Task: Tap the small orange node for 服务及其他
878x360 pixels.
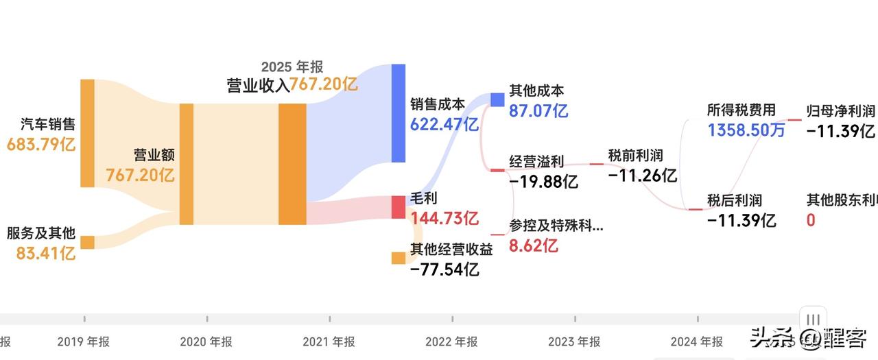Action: pyautogui.click(x=87, y=242)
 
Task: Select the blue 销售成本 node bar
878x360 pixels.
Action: pyautogui.click(x=399, y=113)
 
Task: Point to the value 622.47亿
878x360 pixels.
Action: pyautogui.click(x=444, y=124)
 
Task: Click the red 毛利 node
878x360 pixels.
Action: pyautogui.click(x=399, y=207)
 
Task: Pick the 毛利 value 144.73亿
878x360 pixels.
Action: pyautogui.click(x=444, y=219)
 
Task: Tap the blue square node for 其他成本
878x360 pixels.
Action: pyautogui.click(x=497, y=99)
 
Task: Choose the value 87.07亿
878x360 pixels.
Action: pyautogui.click(x=538, y=110)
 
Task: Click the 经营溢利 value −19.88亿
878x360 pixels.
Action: pyautogui.click(x=543, y=182)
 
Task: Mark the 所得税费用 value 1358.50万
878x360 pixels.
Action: pyautogui.click(x=746, y=130)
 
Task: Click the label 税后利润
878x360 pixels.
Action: pyautogui.click(x=735, y=201)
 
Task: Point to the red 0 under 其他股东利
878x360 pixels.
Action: pyautogui.click(x=811, y=221)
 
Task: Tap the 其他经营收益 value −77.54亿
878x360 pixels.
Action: pyautogui.click(x=444, y=269)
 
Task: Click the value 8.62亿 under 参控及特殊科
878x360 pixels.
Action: pyautogui.click(x=533, y=245)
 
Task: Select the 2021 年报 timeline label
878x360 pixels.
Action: pyautogui.click(x=329, y=341)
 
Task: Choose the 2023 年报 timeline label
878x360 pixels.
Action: pyautogui.click(x=574, y=341)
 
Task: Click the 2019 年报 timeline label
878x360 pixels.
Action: pyautogui.click(x=84, y=341)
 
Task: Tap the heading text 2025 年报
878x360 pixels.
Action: pyautogui.click(x=292, y=67)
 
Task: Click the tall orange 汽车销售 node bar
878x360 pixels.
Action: pyautogui.click(x=87, y=133)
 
